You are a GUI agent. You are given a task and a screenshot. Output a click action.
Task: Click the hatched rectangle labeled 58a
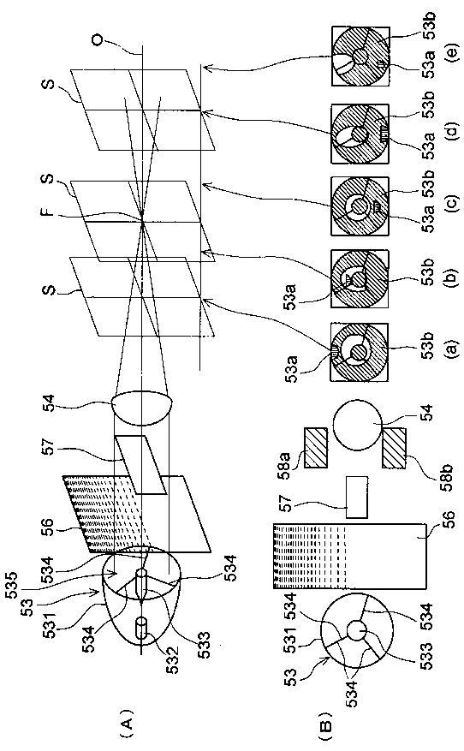click(316, 447)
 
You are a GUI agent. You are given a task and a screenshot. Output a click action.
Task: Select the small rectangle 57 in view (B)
click(357, 498)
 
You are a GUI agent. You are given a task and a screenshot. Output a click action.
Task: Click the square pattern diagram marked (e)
click(360, 56)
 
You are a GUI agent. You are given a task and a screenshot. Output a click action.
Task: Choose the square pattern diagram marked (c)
click(360, 206)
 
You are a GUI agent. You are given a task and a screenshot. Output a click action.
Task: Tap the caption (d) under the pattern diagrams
click(454, 129)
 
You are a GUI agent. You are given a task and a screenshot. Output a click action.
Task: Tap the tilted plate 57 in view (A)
click(140, 464)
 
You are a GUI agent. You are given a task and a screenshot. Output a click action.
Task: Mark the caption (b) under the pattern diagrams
click(454, 277)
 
